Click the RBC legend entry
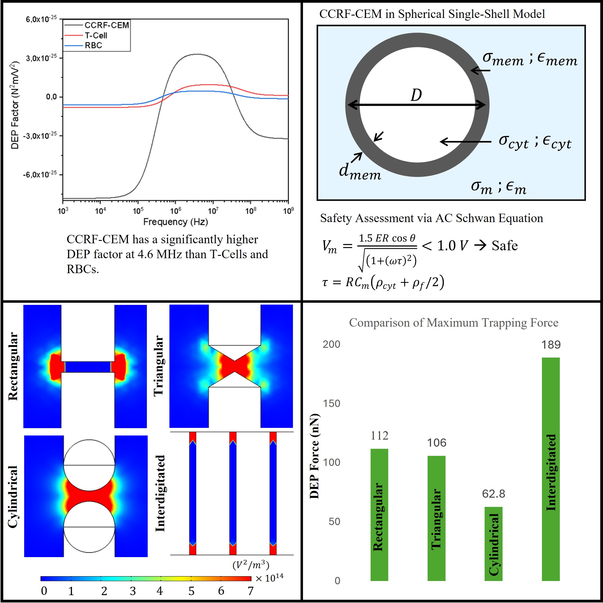coord(93,46)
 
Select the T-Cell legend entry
coord(96,36)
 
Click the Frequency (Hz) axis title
coord(175,222)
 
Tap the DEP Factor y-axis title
coord(15,106)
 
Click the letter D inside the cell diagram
coord(416,95)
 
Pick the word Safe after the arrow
coord(505,246)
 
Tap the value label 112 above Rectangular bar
coord(379,436)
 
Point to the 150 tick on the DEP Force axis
coord(332,403)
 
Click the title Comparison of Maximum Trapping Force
coord(453,323)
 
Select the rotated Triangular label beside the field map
coord(159,366)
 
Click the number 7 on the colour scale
coord(250,591)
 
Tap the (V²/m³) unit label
coord(251,565)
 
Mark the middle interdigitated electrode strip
coord(233,493)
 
